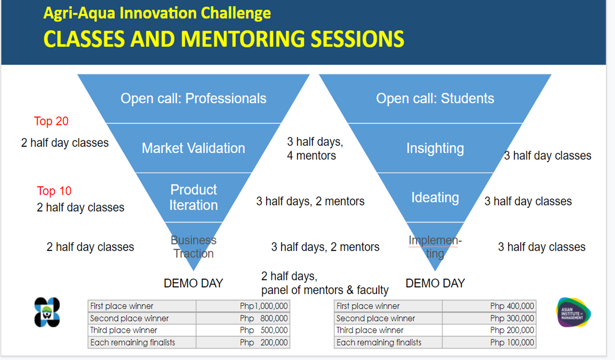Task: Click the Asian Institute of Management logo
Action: coord(573,312)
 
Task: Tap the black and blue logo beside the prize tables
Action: coord(47,312)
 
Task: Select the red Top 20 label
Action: coord(51,121)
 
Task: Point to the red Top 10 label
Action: coord(54,191)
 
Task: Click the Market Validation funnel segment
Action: coord(193,148)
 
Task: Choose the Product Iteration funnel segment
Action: coord(193,197)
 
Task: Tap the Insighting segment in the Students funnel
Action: coord(435,148)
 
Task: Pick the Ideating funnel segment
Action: coord(435,197)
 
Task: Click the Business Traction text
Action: coord(193,247)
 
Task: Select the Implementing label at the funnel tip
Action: coord(435,247)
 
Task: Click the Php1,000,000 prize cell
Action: coord(243,306)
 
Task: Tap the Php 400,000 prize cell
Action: coord(489,306)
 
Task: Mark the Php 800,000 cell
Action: coord(243,318)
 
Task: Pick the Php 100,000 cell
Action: coord(489,342)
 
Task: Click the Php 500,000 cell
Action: coord(243,330)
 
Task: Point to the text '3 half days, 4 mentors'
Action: coord(315,149)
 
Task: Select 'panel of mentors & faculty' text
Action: coord(325,290)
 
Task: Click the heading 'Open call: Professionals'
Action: coord(193,99)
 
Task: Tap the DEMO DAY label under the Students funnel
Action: coord(435,283)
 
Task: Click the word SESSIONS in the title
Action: coord(357,39)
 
